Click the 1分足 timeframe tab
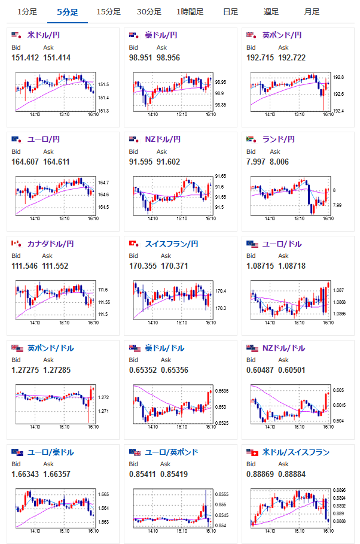click(27, 12)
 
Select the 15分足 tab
click(108, 12)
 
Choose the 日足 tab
click(230, 12)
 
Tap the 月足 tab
click(311, 12)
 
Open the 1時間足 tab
click(190, 12)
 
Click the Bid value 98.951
click(141, 57)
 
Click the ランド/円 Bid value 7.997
click(257, 162)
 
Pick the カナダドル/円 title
click(51, 244)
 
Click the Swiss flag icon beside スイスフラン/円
click(133, 244)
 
